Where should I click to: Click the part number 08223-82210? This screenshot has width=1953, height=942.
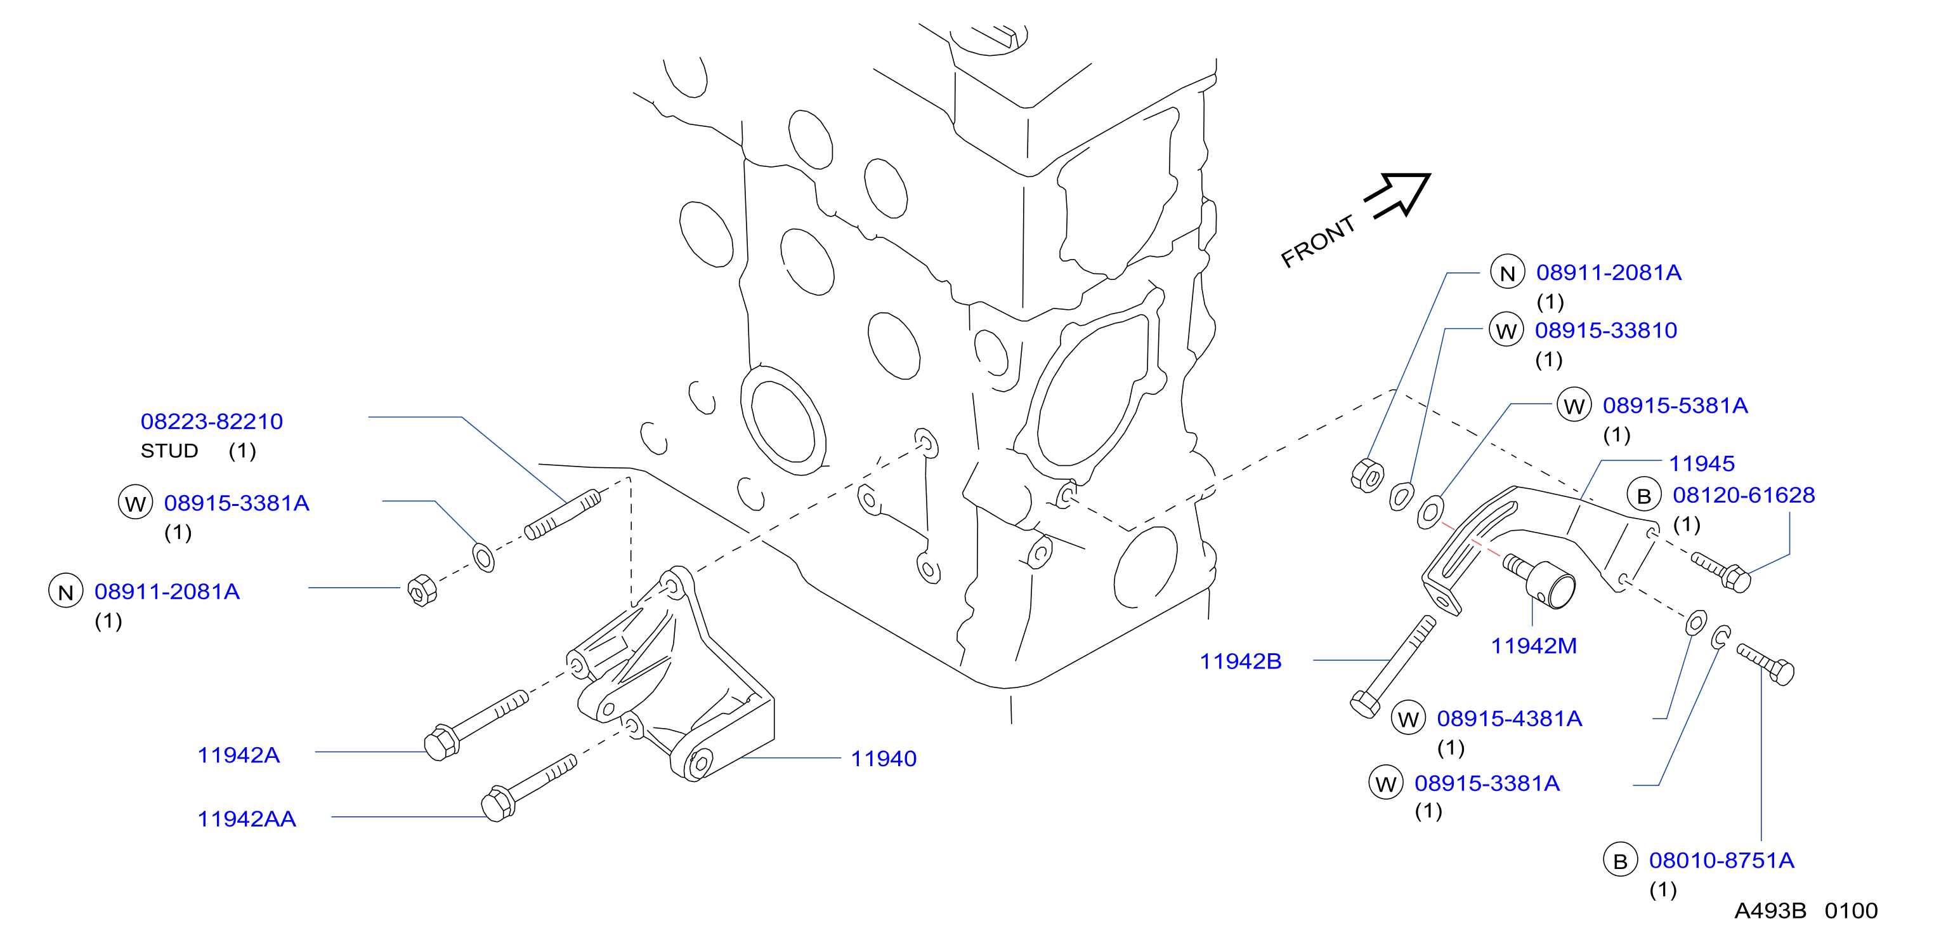pos(211,421)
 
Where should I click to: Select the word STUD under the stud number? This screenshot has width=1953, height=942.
pos(169,451)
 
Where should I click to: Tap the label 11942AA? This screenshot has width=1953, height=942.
pos(246,819)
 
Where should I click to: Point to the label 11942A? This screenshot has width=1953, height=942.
pos(239,755)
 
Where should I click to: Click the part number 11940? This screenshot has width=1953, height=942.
pos(883,759)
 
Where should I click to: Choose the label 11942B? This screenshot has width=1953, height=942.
pos(1240,661)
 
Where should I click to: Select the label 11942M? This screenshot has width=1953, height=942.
pos(1534,646)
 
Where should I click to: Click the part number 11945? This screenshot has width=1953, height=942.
pos(1701,463)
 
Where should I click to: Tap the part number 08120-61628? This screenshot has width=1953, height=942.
pos(1744,495)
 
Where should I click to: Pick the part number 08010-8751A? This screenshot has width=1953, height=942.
pos(1721,861)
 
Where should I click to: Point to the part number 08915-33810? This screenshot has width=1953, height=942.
pos(1606,331)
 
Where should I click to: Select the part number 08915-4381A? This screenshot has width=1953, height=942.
pos(1510,719)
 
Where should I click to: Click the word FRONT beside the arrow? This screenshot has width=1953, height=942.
pos(1317,241)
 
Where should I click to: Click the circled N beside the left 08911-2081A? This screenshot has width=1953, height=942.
pos(66,592)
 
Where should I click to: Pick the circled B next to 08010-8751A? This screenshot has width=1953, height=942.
pos(1620,861)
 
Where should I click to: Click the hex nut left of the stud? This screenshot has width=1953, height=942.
pos(422,591)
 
